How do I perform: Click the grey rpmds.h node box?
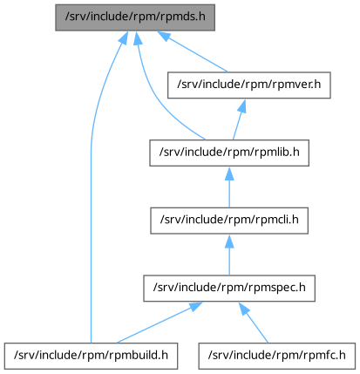click(135, 17)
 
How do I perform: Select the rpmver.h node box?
click(249, 85)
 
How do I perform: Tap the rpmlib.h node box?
click(229, 153)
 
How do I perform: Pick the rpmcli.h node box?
click(229, 221)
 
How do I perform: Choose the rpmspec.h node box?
click(229, 289)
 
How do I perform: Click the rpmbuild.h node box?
click(91, 356)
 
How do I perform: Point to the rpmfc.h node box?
click(277, 356)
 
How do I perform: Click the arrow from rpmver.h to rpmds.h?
click(193, 51)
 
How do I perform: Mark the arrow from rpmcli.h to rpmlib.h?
click(229, 187)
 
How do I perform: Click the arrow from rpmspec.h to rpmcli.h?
click(229, 255)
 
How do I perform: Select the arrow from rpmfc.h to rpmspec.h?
click(254, 323)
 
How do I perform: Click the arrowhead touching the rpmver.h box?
click(242, 105)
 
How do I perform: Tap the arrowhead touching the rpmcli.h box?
click(229, 241)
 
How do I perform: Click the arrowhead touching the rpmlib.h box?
click(229, 173)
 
